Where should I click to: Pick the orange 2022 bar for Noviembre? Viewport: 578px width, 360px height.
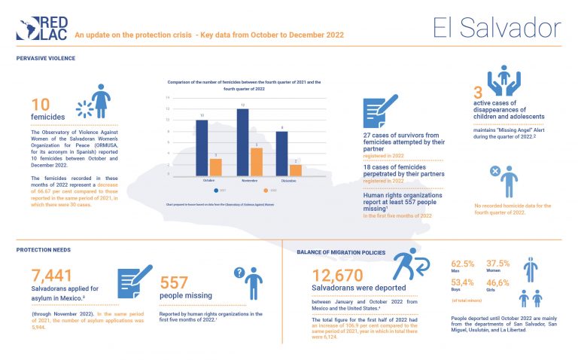[x=257, y=161]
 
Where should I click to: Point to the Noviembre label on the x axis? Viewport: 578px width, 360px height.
[x=250, y=181]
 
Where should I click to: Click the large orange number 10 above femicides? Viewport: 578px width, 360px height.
[x=41, y=105]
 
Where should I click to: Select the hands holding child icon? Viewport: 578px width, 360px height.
[x=503, y=81]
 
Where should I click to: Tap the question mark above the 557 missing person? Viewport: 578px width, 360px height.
[x=240, y=273]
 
